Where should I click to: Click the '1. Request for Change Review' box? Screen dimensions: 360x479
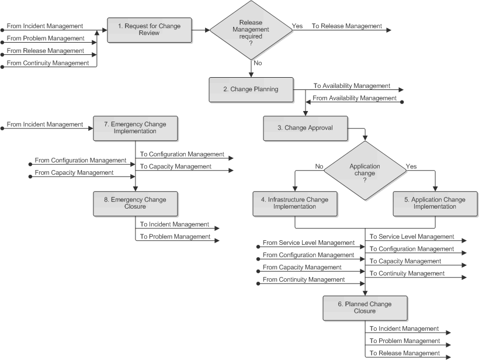(149, 29)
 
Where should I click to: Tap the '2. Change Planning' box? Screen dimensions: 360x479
(251, 89)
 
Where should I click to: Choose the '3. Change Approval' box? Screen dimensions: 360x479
(306, 128)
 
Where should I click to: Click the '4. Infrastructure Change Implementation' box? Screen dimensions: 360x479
(294, 203)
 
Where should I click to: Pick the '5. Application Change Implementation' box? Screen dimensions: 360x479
(435, 203)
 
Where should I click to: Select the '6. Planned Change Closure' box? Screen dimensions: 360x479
(365, 307)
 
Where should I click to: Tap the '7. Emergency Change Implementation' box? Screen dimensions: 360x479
(136, 128)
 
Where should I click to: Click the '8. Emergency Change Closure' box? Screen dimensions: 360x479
(136, 203)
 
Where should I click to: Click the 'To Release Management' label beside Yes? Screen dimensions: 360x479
(346, 26)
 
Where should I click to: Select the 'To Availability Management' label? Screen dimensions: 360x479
(352, 86)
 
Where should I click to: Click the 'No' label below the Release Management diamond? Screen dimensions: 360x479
(257, 62)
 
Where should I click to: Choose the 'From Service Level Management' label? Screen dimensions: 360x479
(308, 243)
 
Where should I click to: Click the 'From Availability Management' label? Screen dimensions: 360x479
(355, 98)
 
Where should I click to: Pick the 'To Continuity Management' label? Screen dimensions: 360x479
(407, 274)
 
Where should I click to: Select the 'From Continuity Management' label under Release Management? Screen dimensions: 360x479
(47, 63)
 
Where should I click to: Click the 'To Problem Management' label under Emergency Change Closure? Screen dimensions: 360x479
(175, 237)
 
